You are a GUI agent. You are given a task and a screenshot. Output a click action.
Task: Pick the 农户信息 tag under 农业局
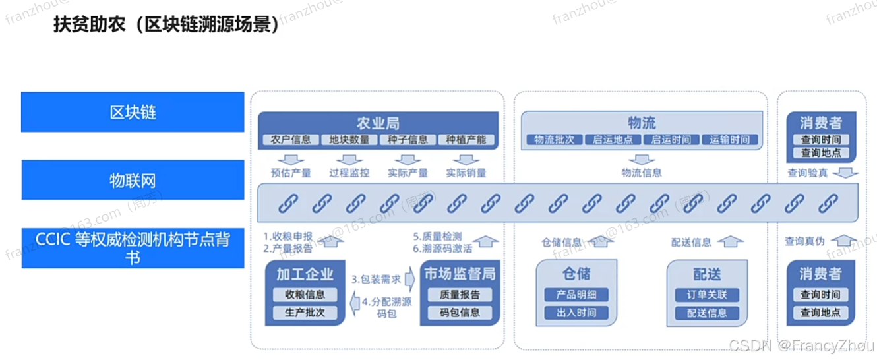tap(291, 140)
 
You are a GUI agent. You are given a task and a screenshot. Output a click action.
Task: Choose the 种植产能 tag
tap(466, 140)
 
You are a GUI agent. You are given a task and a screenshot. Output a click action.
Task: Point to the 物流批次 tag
tap(555, 140)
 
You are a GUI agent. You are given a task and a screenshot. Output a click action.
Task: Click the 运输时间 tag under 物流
tap(730, 140)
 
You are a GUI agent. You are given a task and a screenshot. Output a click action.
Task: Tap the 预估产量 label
tap(291, 173)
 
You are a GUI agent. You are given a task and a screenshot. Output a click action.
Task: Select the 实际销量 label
tap(466, 173)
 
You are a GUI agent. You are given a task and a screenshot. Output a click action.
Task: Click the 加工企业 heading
tap(305, 274)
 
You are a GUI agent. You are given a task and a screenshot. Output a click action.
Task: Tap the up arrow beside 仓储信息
tap(597, 242)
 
